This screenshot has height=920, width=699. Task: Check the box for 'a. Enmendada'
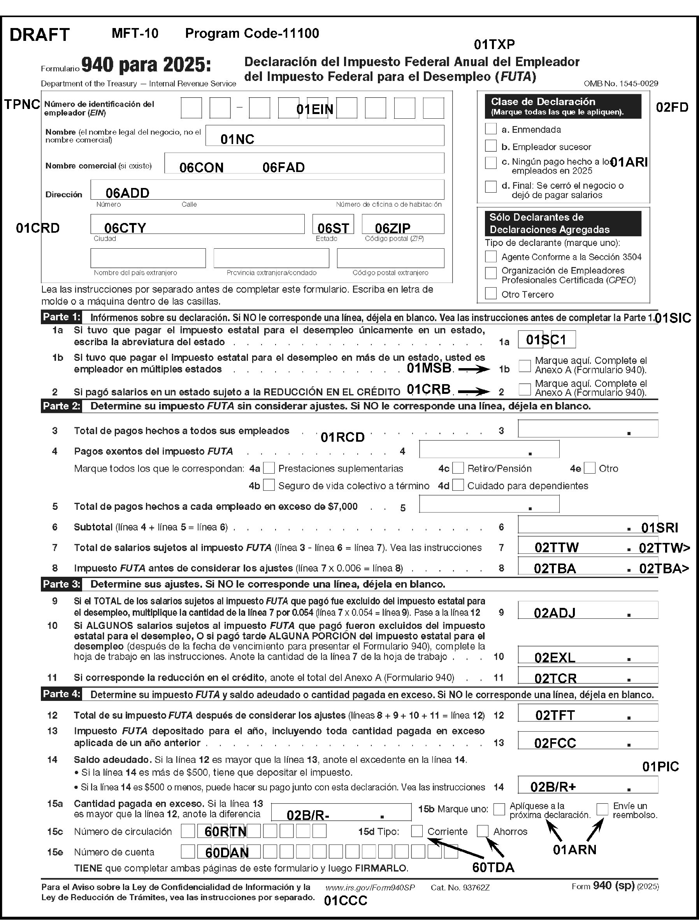click(x=491, y=128)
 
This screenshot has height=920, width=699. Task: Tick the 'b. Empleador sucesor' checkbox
click(x=491, y=146)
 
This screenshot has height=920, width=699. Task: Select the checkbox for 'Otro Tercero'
click(x=491, y=293)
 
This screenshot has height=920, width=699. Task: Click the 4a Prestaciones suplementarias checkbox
click(x=269, y=468)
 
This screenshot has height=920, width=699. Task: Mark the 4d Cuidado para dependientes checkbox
click(x=458, y=485)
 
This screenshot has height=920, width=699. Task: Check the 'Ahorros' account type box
click(x=483, y=831)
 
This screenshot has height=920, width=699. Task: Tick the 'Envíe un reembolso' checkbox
click(x=602, y=809)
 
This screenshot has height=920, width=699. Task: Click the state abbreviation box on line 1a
click(x=547, y=339)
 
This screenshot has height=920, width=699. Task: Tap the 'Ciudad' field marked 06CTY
click(x=197, y=224)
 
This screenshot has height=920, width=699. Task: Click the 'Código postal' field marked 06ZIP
click(x=403, y=224)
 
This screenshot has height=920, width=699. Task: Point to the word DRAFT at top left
click(x=40, y=35)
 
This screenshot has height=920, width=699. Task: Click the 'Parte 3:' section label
click(x=61, y=584)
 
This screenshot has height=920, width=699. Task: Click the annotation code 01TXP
click(x=494, y=44)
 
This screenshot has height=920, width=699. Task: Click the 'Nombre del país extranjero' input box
click(x=148, y=258)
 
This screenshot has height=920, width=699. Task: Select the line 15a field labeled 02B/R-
click(x=341, y=812)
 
